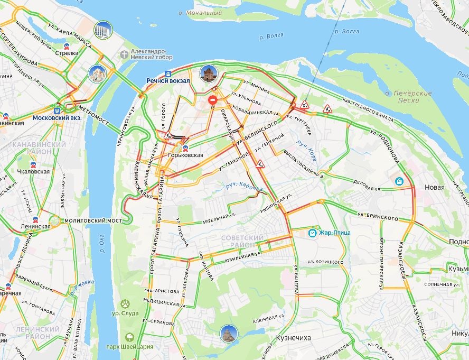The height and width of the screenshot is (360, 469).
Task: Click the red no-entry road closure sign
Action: [212, 99]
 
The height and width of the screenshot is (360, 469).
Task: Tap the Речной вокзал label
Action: [168, 80]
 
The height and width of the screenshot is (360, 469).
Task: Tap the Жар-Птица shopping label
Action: [333, 233]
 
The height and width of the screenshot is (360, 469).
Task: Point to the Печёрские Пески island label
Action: [409, 97]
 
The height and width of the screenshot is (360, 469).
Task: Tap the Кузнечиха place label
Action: [294, 337]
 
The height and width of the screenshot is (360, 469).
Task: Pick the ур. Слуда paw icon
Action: [126, 304]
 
